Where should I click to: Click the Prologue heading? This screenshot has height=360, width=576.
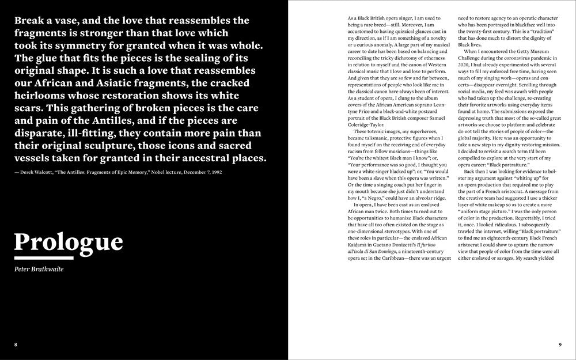click(x=68, y=241)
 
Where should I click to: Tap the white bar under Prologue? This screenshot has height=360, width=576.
click(x=43, y=258)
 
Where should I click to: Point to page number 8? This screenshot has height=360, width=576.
click(x=16, y=344)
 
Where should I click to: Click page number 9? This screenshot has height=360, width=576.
click(x=560, y=344)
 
